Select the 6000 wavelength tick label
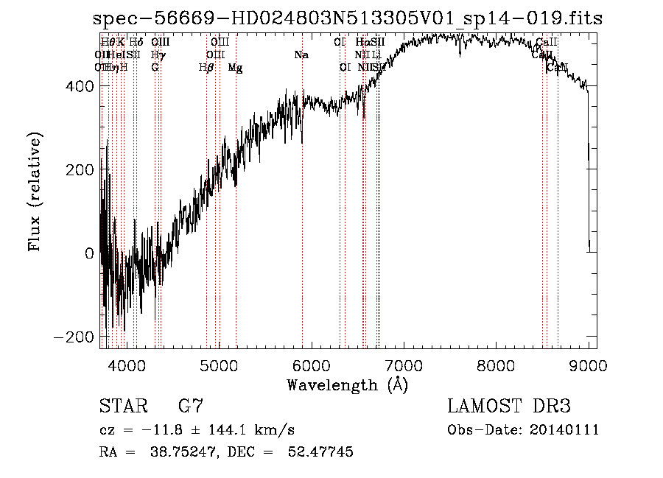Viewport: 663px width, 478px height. [312, 365]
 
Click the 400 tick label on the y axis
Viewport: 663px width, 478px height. [78, 86]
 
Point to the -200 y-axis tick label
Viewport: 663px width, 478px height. [74, 337]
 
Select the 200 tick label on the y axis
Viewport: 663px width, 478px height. [78, 169]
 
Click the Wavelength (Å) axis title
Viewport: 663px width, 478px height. [348, 384]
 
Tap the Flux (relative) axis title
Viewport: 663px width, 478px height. [35, 191]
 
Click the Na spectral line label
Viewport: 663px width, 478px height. [301, 55]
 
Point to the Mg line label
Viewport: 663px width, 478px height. [235, 68]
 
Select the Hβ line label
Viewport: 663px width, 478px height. [206, 68]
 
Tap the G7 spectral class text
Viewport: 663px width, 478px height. [190, 407]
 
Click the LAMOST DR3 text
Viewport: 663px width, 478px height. [508, 407]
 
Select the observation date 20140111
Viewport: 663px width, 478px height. [565, 430]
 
